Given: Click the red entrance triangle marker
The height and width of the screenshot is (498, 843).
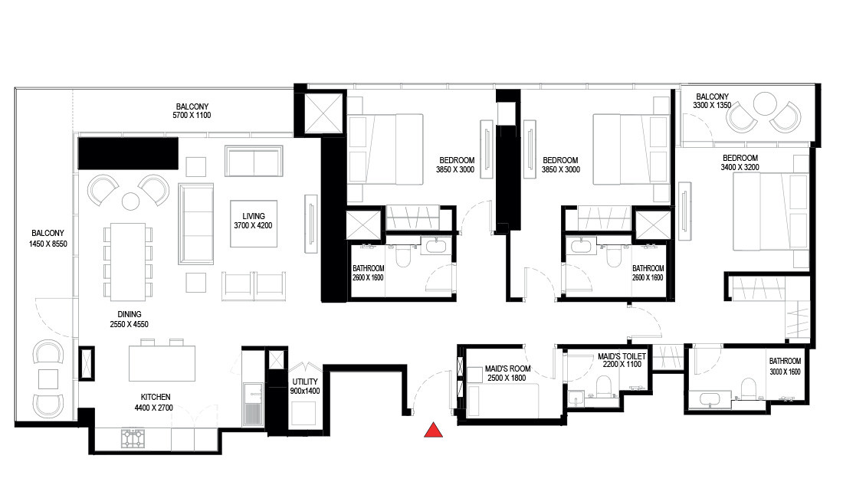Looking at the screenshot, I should coord(434,431).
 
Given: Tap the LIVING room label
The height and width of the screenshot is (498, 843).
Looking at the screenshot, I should coord(253,221).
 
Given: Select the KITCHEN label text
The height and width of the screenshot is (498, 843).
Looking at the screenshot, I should coord(156,402).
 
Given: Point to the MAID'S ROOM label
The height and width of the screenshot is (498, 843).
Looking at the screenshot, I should coord(507,374).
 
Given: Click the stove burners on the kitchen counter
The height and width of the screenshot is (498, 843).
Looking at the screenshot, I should coord(132,438).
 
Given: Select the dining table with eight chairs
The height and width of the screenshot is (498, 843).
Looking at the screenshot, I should coord(127,261).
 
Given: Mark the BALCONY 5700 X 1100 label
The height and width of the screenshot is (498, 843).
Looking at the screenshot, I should coord(192,111).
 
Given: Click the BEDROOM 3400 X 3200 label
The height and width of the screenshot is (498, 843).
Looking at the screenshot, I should coord(740,163).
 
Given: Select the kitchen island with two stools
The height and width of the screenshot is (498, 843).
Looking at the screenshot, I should coord(161,362).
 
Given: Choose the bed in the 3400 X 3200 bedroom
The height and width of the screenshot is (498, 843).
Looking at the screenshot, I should coord(770,211).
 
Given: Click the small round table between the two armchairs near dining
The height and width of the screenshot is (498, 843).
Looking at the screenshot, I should coord(130,201).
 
